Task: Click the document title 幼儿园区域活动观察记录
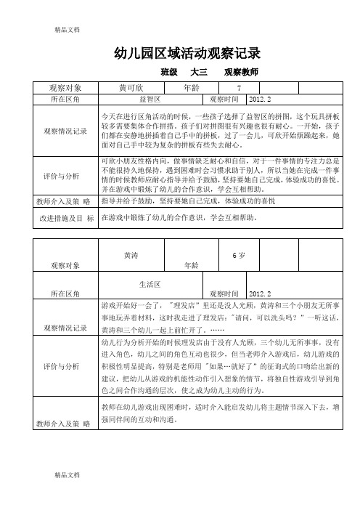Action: coord(187,53)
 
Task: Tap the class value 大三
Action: coord(198,73)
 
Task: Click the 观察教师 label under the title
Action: coord(241,73)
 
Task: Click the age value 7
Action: coord(249,87)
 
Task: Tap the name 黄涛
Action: coord(131,256)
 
